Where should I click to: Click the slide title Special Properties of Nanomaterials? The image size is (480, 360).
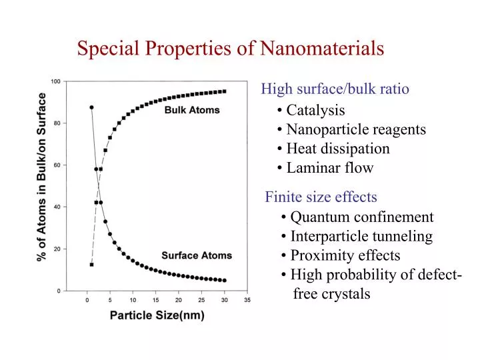[230, 49]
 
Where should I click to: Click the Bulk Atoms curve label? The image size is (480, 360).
[192, 110]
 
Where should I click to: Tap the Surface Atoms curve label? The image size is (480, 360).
[197, 255]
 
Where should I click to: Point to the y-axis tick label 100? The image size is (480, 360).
[55, 81]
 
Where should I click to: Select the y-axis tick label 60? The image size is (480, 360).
[57, 165]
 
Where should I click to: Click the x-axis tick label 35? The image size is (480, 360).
[247, 300]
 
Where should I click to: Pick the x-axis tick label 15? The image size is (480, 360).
[156, 300]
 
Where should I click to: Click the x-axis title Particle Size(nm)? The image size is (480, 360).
[157, 315]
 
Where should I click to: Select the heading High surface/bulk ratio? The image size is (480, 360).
[335, 89]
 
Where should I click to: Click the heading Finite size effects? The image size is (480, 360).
[321, 197]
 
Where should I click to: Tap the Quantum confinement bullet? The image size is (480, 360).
[357, 217]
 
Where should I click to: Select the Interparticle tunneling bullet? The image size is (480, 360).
[357, 237]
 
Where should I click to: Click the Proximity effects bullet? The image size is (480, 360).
[341, 256]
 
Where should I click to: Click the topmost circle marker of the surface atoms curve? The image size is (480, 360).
[91, 107]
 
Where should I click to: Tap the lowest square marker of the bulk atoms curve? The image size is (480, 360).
[91, 265]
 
